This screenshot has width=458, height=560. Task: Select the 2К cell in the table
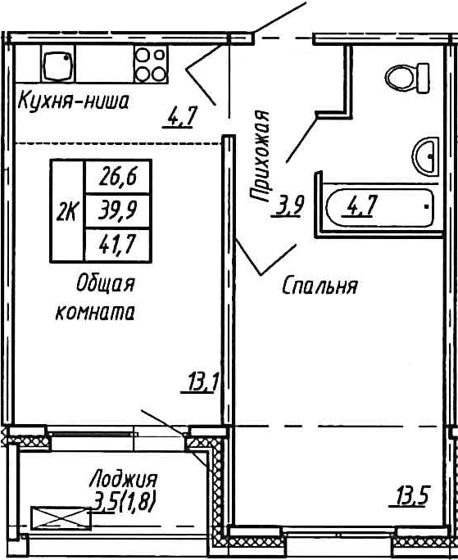[67, 211]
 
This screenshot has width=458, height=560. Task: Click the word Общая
[104, 284]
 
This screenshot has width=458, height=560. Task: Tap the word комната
[94, 312]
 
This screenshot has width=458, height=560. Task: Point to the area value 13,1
[198, 382]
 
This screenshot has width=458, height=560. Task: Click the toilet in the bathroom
[407, 79]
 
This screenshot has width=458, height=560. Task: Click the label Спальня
[320, 287]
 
